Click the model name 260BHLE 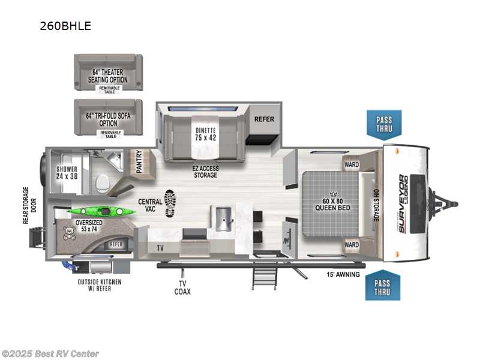[65, 26]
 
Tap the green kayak [101, 211]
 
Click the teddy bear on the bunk [68, 233]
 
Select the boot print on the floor [170, 203]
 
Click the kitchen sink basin [223, 219]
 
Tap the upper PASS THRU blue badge [384, 125]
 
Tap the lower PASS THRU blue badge [383, 286]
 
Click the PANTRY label [139, 161]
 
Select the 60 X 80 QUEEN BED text [332, 205]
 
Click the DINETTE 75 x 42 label [205, 134]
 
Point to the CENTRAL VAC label [150, 205]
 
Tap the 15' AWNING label [343, 274]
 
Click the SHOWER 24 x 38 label [67, 173]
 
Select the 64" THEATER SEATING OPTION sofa [109, 73]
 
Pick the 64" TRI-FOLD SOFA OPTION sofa [109, 117]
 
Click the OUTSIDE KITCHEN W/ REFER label [100, 285]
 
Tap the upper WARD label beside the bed [352, 164]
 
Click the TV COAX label [182, 287]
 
